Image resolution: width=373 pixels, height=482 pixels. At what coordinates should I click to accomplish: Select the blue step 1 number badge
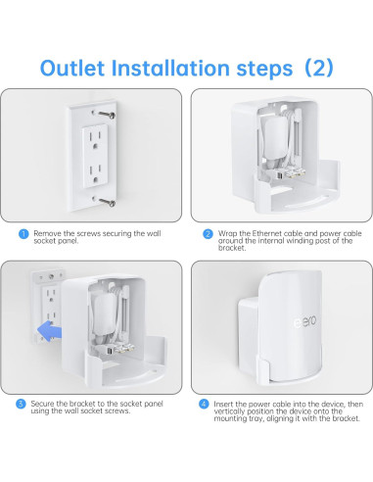point(23,234)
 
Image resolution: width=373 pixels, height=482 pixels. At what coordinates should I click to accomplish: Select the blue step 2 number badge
point(207,234)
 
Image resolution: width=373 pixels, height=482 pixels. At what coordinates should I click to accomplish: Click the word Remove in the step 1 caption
point(48,234)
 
